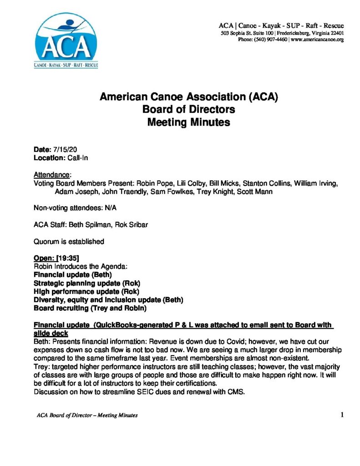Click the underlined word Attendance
pyautogui.click(x=52, y=175)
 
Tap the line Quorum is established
pyautogui.click(x=69, y=241)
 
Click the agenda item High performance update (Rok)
pyautogui.click(x=86, y=291)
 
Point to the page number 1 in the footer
pyautogui.click(x=341, y=414)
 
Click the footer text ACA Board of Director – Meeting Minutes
pyautogui.click(x=87, y=415)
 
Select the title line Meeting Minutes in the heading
pyautogui.click(x=188, y=122)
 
